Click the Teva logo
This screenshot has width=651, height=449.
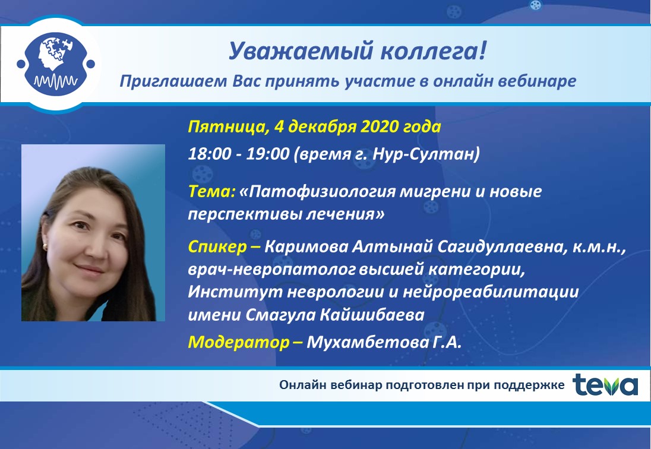[x=605, y=385]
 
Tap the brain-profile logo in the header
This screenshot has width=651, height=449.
[x=56, y=64]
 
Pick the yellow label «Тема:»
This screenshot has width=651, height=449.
[x=211, y=191]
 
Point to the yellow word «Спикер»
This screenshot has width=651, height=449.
[x=217, y=247]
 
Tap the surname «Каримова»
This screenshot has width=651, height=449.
[x=306, y=247]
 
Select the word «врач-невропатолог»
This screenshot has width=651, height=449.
[x=271, y=270]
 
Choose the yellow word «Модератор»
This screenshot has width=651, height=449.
[x=239, y=342]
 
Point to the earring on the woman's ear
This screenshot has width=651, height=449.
[x=45, y=248]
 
